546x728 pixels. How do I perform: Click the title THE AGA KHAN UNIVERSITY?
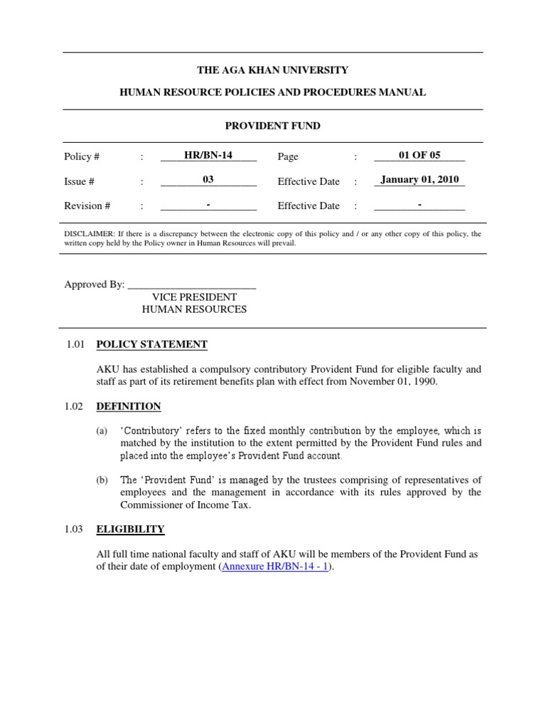click(273, 70)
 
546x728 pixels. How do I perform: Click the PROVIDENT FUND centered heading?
click(273, 126)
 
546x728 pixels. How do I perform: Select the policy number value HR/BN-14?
click(208, 155)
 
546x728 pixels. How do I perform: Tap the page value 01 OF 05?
click(419, 155)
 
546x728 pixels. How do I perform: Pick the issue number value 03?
click(208, 179)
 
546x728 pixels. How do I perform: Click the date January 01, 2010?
click(419, 179)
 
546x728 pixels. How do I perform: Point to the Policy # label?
click(82, 157)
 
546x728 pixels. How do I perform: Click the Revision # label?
click(87, 206)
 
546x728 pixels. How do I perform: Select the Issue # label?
click(80, 182)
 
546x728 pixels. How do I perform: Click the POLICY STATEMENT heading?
click(151, 345)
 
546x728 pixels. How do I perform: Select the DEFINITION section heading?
click(129, 407)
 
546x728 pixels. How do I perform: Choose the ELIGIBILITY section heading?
click(130, 530)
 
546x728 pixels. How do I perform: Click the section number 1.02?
click(75, 407)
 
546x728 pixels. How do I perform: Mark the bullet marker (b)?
click(102, 481)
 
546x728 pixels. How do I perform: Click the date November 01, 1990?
click(393, 382)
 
